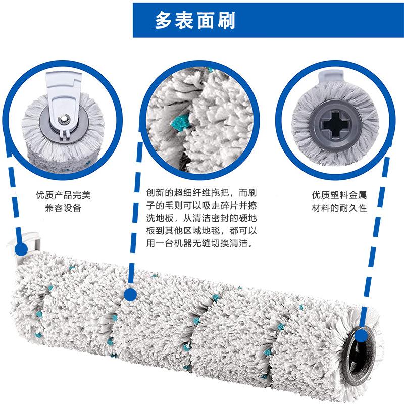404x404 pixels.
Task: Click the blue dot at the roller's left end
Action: click(21, 249)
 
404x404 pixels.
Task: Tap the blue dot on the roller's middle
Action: click(130, 294)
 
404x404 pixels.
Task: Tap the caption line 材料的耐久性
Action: click(338, 208)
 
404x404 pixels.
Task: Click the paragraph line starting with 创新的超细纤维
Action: click(202, 193)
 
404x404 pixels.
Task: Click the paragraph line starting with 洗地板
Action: click(202, 218)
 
